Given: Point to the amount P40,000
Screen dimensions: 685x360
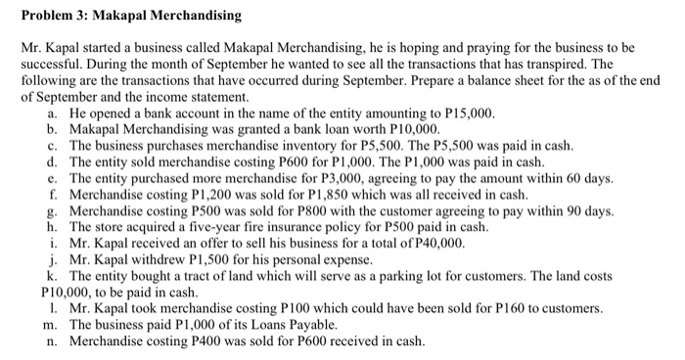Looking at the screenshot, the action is tap(437, 243).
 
